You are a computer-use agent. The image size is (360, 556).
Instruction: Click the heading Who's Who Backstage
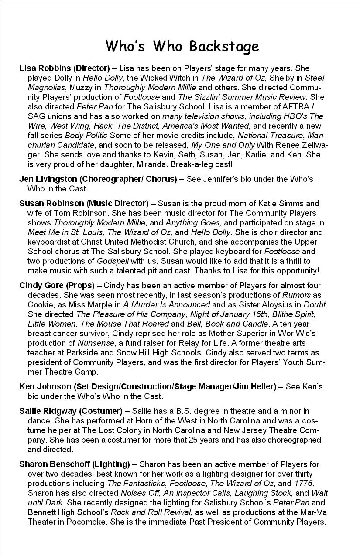(182, 46)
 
